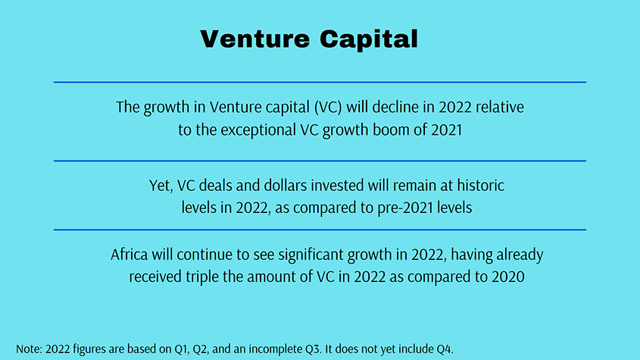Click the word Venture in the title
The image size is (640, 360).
255,39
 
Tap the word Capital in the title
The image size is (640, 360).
369,39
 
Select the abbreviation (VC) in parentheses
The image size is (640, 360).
328,107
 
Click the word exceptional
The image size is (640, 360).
258,130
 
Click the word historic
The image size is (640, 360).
481,186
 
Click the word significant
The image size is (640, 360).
311,255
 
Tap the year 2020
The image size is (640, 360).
508,277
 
